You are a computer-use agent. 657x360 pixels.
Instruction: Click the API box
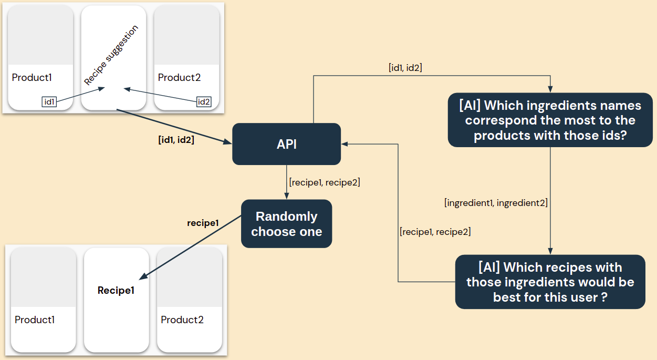point(286,144)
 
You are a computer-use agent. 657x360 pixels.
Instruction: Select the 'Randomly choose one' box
point(286,223)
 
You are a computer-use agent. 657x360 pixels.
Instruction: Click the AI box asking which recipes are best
point(550,282)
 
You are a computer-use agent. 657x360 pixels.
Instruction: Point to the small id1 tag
point(49,102)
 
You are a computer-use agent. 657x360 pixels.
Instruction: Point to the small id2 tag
point(204,102)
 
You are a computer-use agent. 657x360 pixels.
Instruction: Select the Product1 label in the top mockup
point(32,78)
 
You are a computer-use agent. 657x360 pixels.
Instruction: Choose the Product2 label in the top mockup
point(179,78)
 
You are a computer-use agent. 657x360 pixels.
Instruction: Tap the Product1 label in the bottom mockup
point(35,320)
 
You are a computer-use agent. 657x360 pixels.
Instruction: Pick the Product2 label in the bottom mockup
point(182,320)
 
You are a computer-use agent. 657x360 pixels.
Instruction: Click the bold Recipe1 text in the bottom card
point(116,290)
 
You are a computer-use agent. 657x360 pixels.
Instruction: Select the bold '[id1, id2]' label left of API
point(176,140)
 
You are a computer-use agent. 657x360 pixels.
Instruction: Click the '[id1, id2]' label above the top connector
point(405,67)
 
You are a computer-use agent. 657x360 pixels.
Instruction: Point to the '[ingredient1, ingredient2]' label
point(496,203)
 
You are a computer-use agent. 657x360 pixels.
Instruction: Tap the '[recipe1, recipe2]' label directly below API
point(324,182)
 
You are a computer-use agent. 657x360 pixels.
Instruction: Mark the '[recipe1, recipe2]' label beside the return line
point(435,231)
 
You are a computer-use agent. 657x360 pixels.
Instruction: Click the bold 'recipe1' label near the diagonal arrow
point(203,223)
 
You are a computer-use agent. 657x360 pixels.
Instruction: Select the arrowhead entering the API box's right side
point(345,144)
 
